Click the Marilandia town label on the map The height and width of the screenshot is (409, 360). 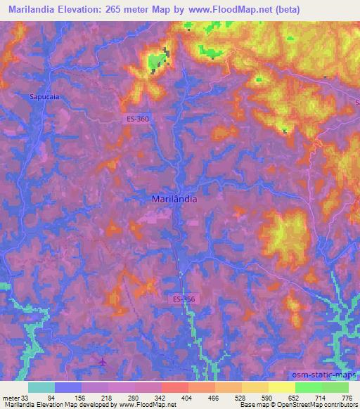click(174, 199)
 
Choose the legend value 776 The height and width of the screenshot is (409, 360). click(347, 397)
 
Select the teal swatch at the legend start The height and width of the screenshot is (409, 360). click(41, 387)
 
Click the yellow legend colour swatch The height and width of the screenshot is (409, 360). click(281, 387)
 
